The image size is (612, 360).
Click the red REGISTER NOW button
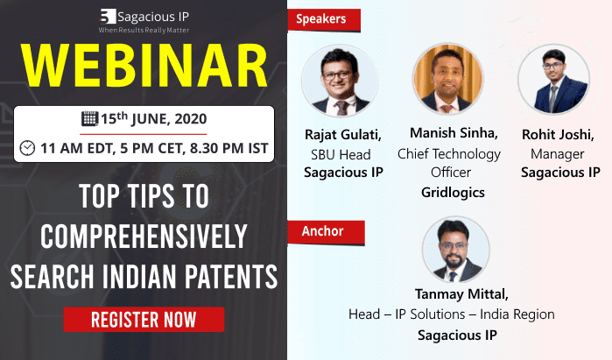click(144, 320)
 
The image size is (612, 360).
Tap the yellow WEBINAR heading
click(144, 66)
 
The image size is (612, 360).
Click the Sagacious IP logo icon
click(108, 17)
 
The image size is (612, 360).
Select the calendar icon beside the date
click(89, 119)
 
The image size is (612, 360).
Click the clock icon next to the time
click(27, 148)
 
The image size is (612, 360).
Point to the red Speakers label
click(324, 19)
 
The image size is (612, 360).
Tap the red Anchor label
click(326, 232)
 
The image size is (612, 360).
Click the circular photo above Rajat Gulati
click(340, 81)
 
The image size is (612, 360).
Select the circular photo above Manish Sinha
click(448, 79)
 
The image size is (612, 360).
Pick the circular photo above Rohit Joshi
click(554, 79)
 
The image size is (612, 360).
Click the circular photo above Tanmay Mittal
click(456, 251)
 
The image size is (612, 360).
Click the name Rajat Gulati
click(343, 135)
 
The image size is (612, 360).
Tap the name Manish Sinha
click(454, 133)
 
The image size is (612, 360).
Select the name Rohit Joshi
click(558, 135)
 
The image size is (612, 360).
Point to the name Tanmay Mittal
click(461, 294)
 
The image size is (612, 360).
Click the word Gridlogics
click(453, 193)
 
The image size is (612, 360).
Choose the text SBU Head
click(341, 155)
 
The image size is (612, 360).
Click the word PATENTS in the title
click(231, 277)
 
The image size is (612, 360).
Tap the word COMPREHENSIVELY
click(144, 236)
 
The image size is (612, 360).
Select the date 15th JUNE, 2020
click(154, 119)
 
